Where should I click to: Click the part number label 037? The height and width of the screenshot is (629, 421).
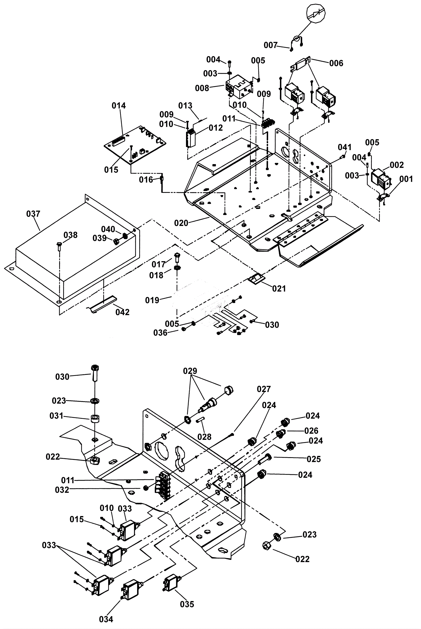(33, 214)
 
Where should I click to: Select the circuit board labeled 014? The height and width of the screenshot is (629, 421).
(135, 144)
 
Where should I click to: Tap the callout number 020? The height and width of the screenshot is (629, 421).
(181, 223)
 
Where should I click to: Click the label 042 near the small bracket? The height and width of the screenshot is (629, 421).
(122, 312)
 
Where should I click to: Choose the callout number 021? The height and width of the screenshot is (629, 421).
(279, 289)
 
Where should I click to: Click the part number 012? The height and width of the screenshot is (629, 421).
(216, 128)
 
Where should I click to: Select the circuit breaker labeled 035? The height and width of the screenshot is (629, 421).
(172, 584)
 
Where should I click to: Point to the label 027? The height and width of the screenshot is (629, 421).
(264, 389)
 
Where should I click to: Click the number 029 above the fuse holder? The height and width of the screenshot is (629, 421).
(190, 371)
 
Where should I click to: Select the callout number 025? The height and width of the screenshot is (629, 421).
(314, 459)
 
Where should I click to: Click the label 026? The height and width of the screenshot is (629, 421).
(311, 431)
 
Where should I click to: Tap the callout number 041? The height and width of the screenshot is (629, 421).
(344, 147)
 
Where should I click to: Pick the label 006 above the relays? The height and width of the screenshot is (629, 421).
(336, 63)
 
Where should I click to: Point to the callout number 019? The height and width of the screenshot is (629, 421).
(152, 300)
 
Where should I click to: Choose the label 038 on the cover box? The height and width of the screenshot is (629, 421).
(70, 235)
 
